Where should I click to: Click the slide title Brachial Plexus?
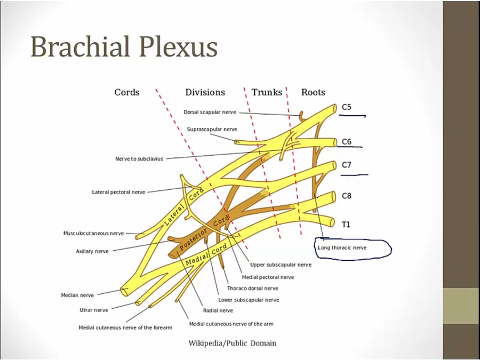click(x=124, y=46)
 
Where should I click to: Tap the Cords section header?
click(x=127, y=92)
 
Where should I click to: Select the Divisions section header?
click(x=205, y=92)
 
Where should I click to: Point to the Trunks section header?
click(x=267, y=92)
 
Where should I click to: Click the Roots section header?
click(x=313, y=92)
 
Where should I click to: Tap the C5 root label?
click(x=347, y=107)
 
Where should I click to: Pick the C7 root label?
click(x=347, y=165)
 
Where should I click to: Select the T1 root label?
click(x=346, y=225)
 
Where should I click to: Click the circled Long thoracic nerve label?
click(x=342, y=247)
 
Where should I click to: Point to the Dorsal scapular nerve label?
click(x=210, y=113)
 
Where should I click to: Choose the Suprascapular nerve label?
click(x=212, y=129)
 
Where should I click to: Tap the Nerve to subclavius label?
click(x=139, y=159)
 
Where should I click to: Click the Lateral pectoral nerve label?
click(x=118, y=192)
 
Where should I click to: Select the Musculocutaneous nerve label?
click(x=93, y=233)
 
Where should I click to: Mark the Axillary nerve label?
click(x=92, y=251)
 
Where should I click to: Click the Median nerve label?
click(x=77, y=295)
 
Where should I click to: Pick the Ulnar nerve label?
click(x=94, y=310)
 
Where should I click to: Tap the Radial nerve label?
click(x=218, y=310)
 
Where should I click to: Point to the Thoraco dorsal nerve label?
click(x=252, y=289)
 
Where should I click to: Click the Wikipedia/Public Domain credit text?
click(x=233, y=343)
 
